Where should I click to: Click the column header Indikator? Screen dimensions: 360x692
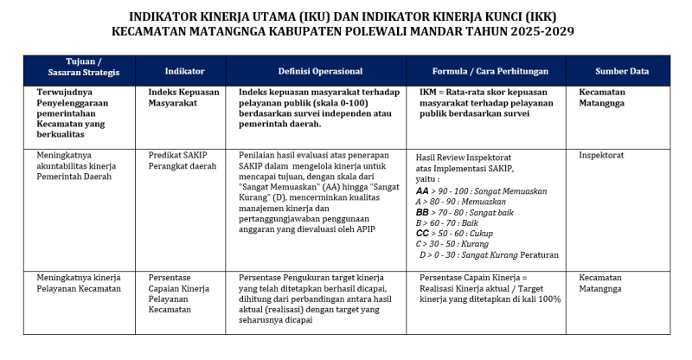click(x=184, y=71)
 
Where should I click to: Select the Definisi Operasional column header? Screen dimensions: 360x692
click(x=320, y=71)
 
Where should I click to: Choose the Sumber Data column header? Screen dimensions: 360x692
click(x=621, y=71)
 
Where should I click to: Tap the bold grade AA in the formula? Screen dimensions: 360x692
click(x=423, y=190)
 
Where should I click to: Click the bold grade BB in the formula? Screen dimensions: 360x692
click(x=423, y=212)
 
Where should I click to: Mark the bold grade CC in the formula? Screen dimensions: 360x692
click(x=423, y=234)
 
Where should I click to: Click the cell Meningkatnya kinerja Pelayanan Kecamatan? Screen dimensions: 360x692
click(x=79, y=283)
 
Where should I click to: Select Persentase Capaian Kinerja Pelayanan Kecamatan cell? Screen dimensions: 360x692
click(x=181, y=293)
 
